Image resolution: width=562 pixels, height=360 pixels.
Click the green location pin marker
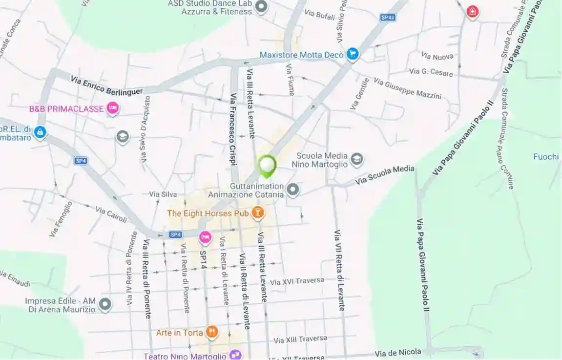click(267, 166)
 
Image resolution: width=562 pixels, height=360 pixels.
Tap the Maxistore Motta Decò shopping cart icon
click(353, 54)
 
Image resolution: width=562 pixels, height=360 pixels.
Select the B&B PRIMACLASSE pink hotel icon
click(113, 108)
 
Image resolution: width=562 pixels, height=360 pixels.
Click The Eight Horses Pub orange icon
click(257, 212)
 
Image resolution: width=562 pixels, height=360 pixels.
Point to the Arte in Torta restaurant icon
click(211, 333)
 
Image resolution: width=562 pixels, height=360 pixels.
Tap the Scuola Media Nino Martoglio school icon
click(357, 159)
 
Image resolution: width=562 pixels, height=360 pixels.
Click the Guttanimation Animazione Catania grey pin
click(293, 190)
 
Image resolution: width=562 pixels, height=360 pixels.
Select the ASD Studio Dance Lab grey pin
click(262, 6)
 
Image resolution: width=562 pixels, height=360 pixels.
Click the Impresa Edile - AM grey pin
click(105, 305)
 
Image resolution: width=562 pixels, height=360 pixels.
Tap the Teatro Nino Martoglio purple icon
click(235, 355)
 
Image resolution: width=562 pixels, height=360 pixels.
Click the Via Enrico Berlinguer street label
click(107, 85)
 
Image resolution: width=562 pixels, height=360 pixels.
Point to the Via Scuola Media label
click(385, 175)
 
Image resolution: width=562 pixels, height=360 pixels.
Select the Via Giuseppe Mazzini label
click(408, 88)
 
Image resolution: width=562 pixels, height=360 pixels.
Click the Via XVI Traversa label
click(297, 281)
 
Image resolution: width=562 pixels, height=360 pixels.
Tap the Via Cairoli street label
click(111, 214)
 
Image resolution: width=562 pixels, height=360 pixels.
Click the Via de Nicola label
click(398, 353)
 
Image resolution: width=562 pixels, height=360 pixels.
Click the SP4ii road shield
click(388, 17)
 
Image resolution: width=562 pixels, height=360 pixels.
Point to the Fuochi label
click(546, 157)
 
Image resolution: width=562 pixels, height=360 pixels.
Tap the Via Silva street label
click(163, 194)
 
